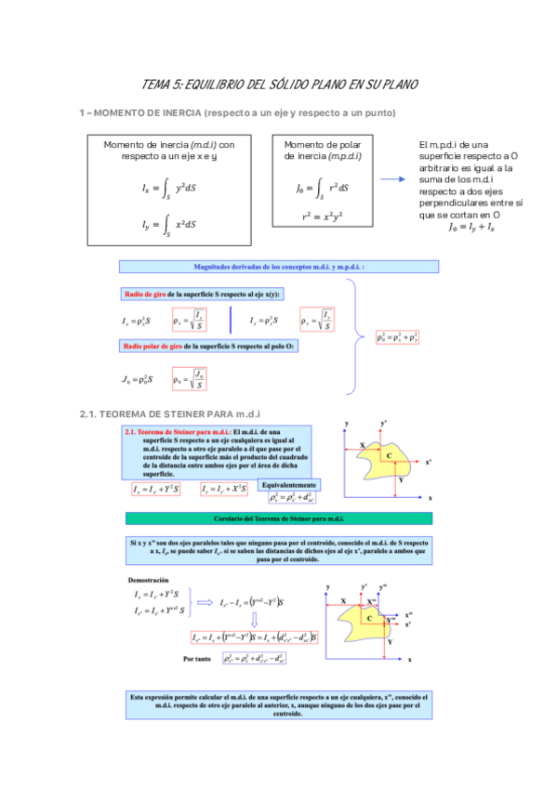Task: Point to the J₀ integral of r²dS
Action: [x=322, y=188]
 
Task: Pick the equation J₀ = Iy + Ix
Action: [x=471, y=226]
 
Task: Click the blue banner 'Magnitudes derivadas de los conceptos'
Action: [x=279, y=267]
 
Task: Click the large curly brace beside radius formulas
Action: [x=356, y=338]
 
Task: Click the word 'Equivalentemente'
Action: [x=292, y=485]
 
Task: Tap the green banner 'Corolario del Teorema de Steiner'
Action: [x=279, y=519]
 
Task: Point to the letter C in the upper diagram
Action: [x=389, y=455]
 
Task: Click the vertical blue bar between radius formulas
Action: [x=230, y=321]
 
